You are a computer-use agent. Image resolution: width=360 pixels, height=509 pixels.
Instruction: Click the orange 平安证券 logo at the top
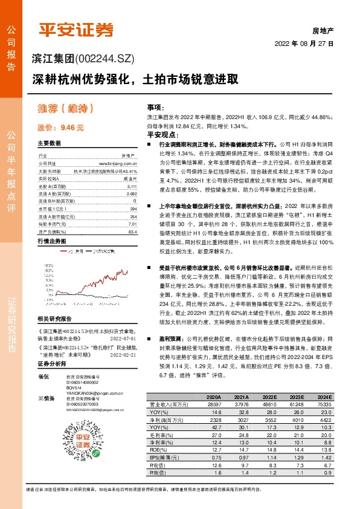coord(76,29)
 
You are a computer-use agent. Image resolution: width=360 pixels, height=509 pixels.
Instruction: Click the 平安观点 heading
coord(161,135)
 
